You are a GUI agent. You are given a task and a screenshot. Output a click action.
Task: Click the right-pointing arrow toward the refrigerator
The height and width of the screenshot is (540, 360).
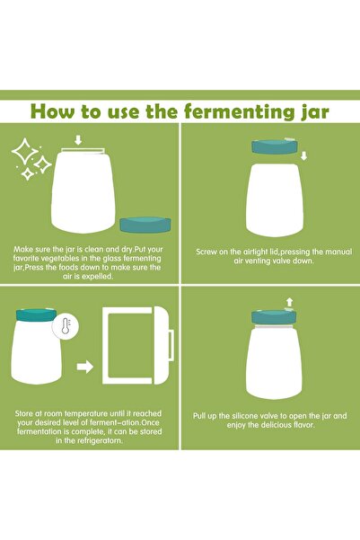point(83,367)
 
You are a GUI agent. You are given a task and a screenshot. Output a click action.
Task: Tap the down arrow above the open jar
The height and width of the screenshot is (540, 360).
point(79,139)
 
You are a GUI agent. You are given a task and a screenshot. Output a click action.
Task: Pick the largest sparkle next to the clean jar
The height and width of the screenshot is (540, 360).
point(24,155)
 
